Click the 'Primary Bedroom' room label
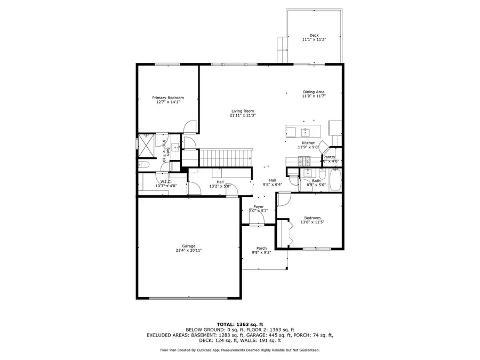pyautogui.click(x=168, y=98)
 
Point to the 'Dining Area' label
pyautogui.click(x=314, y=92)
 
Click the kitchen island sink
pyautogui.click(x=306, y=131)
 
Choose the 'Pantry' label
pyautogui.click(x=329, y=157)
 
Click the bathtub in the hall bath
pyautogui.click(x=335, y=180)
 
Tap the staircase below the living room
pyautogui.click(x=225, y=158)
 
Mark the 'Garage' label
pyautogui.click(x=189, y=246)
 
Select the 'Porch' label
pyautogui.click(x=261, y=248)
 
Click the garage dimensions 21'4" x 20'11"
pyautogui.click(x=189, y=250)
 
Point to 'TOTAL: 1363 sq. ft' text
pyautogui.click(x=239, y=324)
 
